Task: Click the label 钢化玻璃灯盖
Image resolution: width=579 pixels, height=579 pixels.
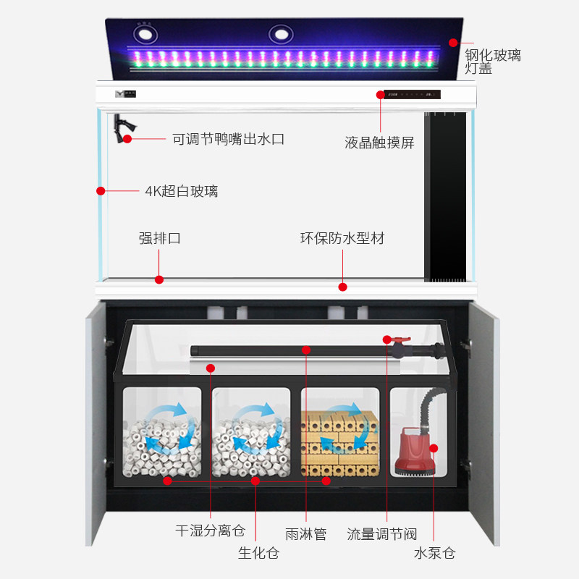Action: [x=492, y=61]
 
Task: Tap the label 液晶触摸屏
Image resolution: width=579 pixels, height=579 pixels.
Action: [x=380, y=143]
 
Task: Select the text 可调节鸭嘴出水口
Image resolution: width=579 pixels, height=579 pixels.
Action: [x=228, y=139]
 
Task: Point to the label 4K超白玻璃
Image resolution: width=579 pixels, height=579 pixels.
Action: [x=181, y=191]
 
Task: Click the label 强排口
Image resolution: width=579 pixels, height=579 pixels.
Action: [x=159, y=238]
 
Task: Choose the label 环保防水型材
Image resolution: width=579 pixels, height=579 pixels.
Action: [x=342, y=238]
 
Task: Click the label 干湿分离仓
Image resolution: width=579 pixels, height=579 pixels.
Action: [x=210, y=532]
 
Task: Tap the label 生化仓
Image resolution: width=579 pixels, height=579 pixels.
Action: [x=258, y=554]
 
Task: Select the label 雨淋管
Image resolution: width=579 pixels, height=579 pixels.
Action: [x=306, y=534]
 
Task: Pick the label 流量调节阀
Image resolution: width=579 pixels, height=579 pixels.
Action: [x=381, y=534]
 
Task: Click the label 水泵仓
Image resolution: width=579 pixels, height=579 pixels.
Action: [x=434, y=554]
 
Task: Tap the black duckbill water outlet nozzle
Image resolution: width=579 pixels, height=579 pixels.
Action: [x=119, y=126]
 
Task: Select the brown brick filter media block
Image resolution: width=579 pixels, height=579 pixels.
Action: [x=340, y=441]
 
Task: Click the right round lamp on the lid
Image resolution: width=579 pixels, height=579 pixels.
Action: [x=281, y=34]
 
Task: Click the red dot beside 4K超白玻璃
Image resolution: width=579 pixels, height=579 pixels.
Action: [x=101, y=191]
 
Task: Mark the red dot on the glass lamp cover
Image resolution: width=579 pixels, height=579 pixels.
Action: [x=453, y=43]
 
